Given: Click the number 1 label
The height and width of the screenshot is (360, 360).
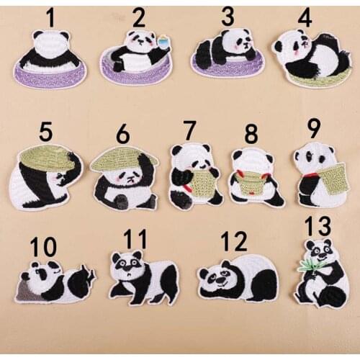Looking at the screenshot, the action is (50, 19).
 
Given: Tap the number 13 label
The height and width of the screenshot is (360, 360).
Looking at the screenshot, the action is (318, 226).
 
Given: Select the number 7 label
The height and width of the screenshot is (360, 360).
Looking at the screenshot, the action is (189, 130).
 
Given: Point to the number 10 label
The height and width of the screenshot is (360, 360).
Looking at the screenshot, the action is (43, 246).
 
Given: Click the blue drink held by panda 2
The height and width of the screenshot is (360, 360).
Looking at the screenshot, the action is (163, 40).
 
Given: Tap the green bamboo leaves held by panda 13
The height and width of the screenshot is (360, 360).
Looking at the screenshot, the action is (307, 266).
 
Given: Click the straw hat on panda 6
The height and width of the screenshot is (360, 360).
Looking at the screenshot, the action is (125, 158).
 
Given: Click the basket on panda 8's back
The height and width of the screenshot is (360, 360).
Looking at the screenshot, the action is (251, 183).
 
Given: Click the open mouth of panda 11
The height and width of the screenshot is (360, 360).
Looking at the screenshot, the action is (130, 274).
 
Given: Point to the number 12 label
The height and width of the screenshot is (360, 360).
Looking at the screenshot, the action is (233, 241).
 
